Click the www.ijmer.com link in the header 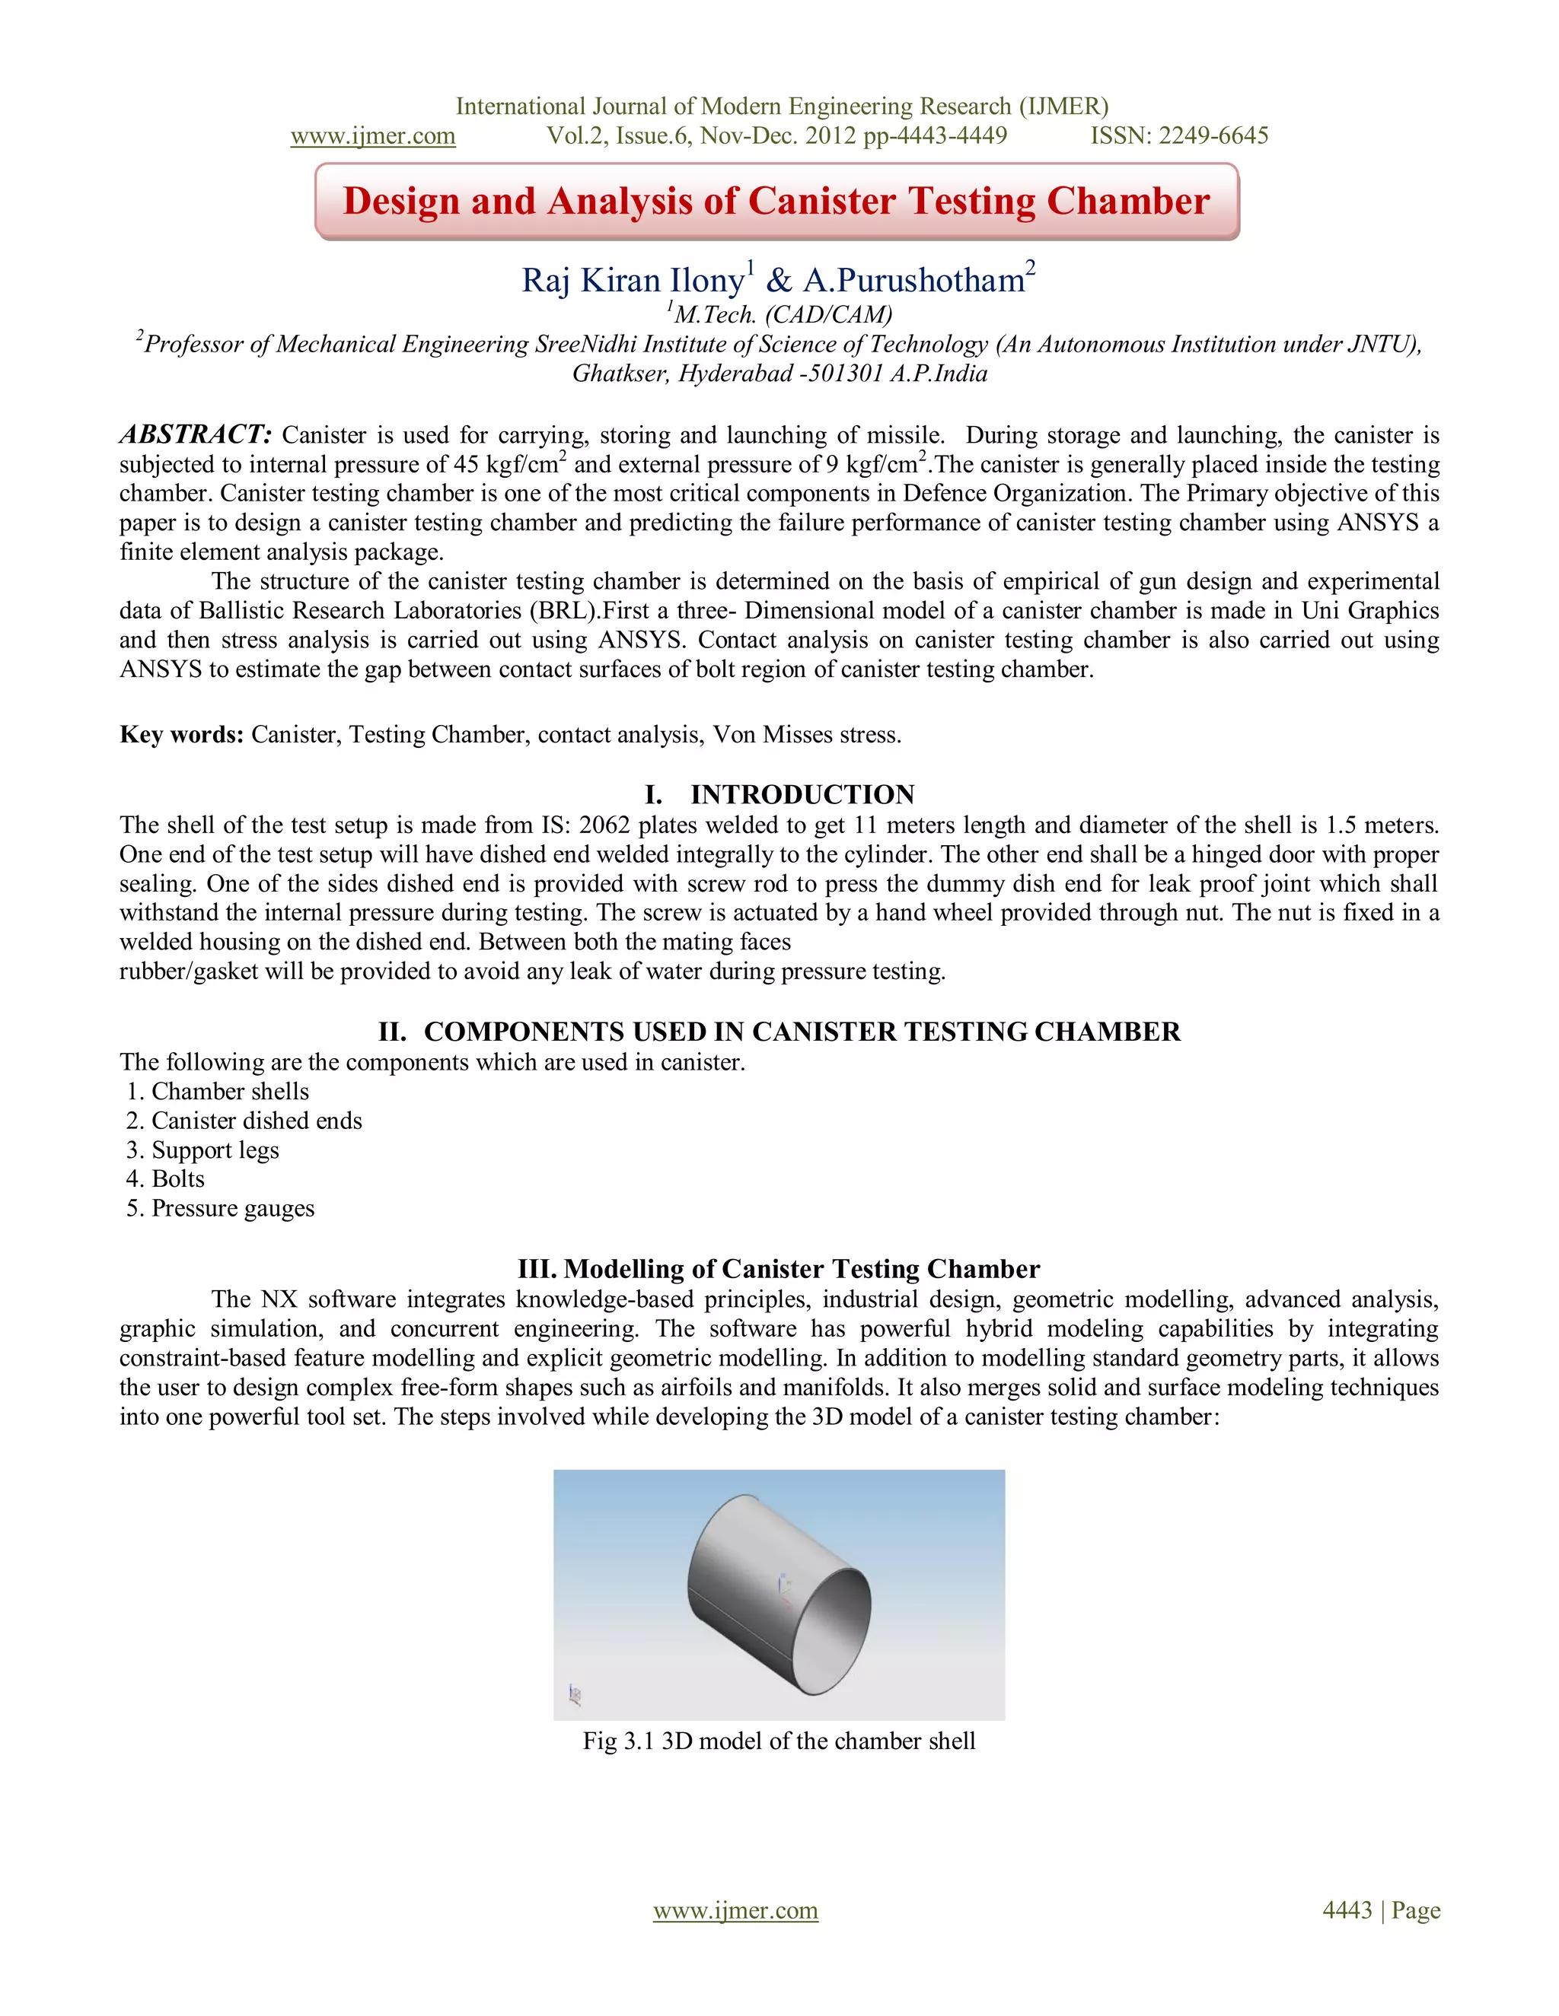pyautogui.click(x=372, y=137)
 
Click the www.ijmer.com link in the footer pyautogui.click(x=735, y=1909)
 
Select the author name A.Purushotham pyautogui.click(x=913, y=281)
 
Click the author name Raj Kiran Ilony pyautogui.click(x=633, y=281)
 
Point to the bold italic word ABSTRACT pyautogui.click(x=195, y=434)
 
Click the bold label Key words pyautogui.click(x=181, y=735)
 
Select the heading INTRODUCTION pyautogui.click(x=802, y=795)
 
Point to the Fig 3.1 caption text pyautogui.click(x=779, y=1741)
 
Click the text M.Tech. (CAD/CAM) pyautogui.click(x=783, y=315)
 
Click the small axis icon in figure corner pyautogui.click(x=575, y=1694)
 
